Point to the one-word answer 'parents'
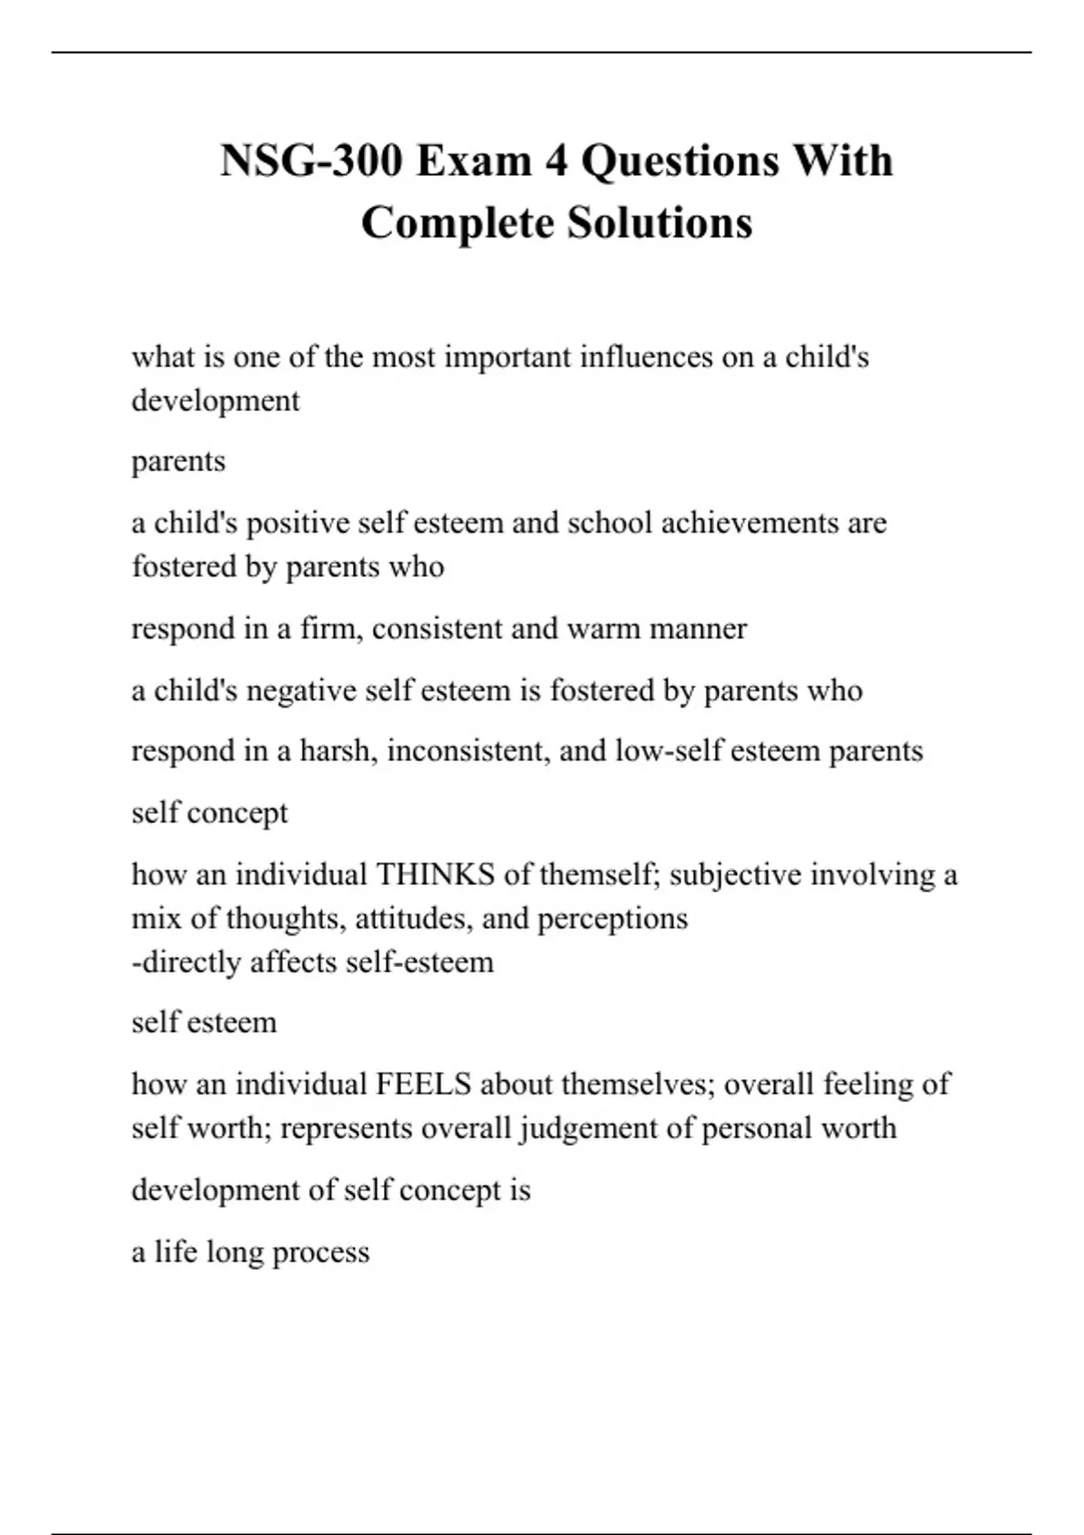pos(178,461)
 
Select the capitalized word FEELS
pos(423,1084)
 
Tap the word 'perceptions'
pos(612,918)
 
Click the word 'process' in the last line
pos(321,1252)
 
